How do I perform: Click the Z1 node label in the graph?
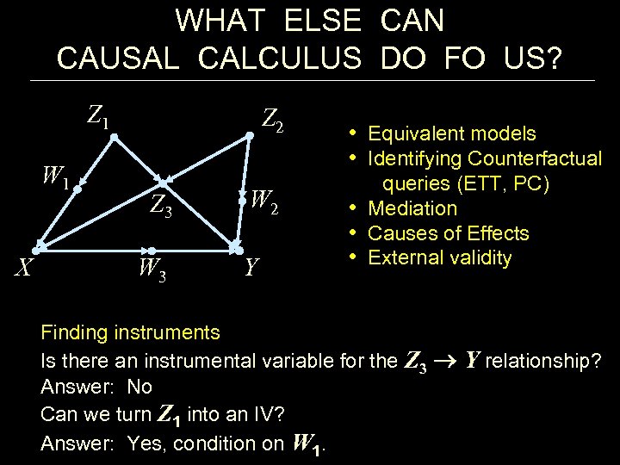tap(98, 115)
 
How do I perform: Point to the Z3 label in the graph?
tap(161, 206)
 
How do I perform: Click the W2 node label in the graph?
tap(265, 201)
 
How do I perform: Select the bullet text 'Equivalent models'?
tap(451, 133)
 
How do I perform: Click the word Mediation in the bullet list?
tap(412, 208)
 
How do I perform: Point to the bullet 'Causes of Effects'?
tap(448, 233)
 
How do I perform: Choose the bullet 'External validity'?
tap(439, 258)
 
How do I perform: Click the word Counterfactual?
tap(535, 158)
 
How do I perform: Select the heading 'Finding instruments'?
tap(130, 332)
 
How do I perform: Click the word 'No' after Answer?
tap(139, 387)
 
